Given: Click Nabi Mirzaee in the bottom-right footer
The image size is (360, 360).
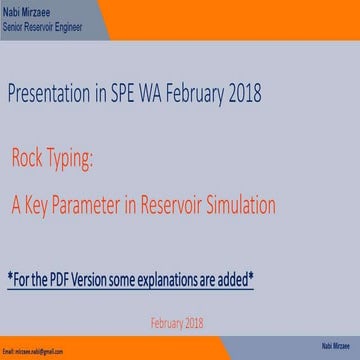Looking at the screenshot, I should (x=335, y=345).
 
